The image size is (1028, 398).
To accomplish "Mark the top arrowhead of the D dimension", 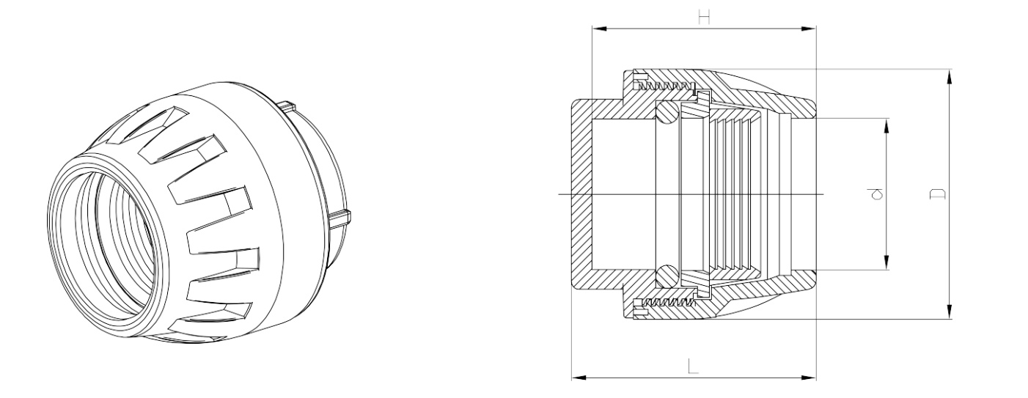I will click(x=950, y=75).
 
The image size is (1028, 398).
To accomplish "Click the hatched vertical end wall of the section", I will click(x=579, y=194).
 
